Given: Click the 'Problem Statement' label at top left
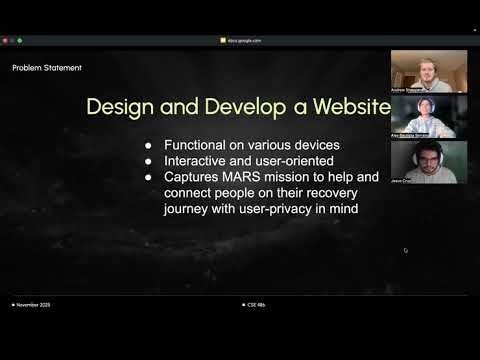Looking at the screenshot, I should pos(47,68).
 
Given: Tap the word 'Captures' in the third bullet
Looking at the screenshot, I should pos(192,177).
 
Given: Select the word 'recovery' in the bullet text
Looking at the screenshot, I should pos(343,193).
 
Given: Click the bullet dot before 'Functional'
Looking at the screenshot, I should pos(149,145).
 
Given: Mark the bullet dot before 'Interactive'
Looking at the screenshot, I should pos(149,161).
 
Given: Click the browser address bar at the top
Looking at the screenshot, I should pos(240,40).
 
